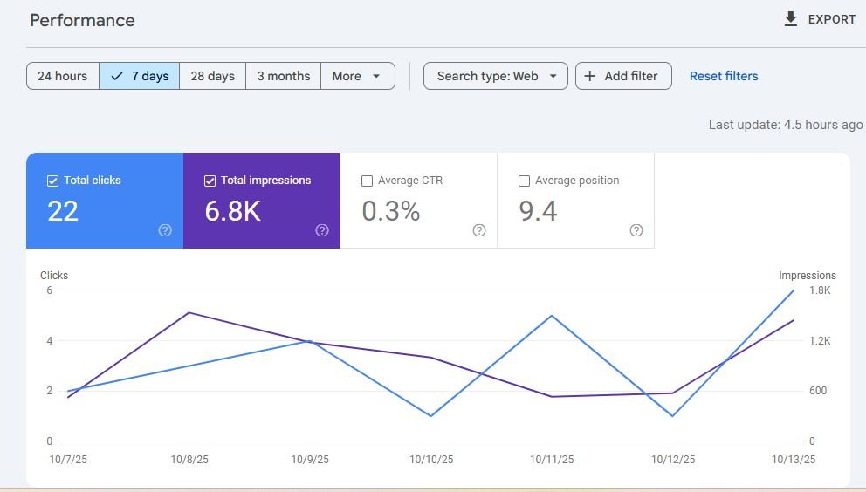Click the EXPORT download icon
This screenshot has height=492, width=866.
[790, 19]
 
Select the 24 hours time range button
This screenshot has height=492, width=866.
[63, 76]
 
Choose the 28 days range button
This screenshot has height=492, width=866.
[213, 76]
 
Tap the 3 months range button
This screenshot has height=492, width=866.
[284, 76]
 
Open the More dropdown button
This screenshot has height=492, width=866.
[358, 76]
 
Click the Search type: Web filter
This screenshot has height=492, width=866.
[495, 76]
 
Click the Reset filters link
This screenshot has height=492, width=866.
[724, 76]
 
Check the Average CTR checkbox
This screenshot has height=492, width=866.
[367, 181]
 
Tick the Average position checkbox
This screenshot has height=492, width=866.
[524, 181]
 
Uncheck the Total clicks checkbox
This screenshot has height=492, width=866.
[52, 181]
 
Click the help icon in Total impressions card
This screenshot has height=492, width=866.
[322, 230]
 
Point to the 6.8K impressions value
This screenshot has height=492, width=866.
[232, 211]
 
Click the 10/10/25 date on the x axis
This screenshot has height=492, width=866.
[431, 460]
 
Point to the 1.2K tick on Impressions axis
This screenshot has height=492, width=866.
[820, 341]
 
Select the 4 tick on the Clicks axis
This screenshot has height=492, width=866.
[50, 341]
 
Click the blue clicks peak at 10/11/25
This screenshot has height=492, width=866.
[552, 316]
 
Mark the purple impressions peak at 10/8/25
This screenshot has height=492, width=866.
[189, 313]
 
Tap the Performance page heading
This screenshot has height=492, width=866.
[82, 20]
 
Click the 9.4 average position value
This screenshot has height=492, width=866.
[538, 211]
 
